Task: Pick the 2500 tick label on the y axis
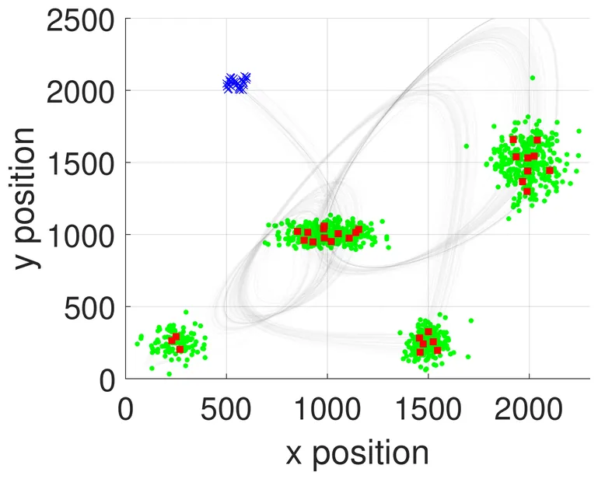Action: point(79,19)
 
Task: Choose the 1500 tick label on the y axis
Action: point(79,163)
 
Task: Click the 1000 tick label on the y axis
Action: point(79,235)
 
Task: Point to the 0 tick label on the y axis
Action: point(106,379)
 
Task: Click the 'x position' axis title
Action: point(357,453)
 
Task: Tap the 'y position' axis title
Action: point(26,199)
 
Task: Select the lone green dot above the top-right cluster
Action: point(533,78)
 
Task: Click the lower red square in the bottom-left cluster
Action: point(180,349)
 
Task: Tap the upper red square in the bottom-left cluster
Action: point(174,338)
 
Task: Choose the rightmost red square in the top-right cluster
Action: point(550,170)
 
